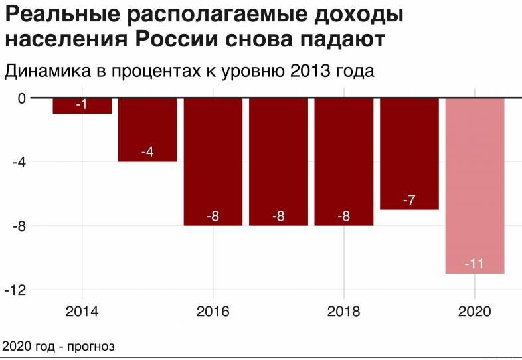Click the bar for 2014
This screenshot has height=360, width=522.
pyautogui.click(x=82, y=106)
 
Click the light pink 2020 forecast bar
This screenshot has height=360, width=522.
pyautogui.click(x=475, y=185)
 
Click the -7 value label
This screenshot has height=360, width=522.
pyautogui.click(x=409, y=199)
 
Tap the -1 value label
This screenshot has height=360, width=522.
pyautogui.click(x=82, y=105)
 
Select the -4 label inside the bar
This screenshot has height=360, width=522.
pyautogui.click(x=147, y=152)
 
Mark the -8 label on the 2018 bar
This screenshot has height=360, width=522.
pyautogui.click(x=343, y=216)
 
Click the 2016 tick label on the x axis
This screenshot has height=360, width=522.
pyautogui.click(x=213, y=312)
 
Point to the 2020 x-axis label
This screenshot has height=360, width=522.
pyautogui.click(x=475, y=312)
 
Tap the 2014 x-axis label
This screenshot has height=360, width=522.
pyautogui.click(x=82, y=312)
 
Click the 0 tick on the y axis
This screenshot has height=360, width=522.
pyautogui.click(x=21, y=98)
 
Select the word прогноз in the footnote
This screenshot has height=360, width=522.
pyautogui.click(x=90, y=347)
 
